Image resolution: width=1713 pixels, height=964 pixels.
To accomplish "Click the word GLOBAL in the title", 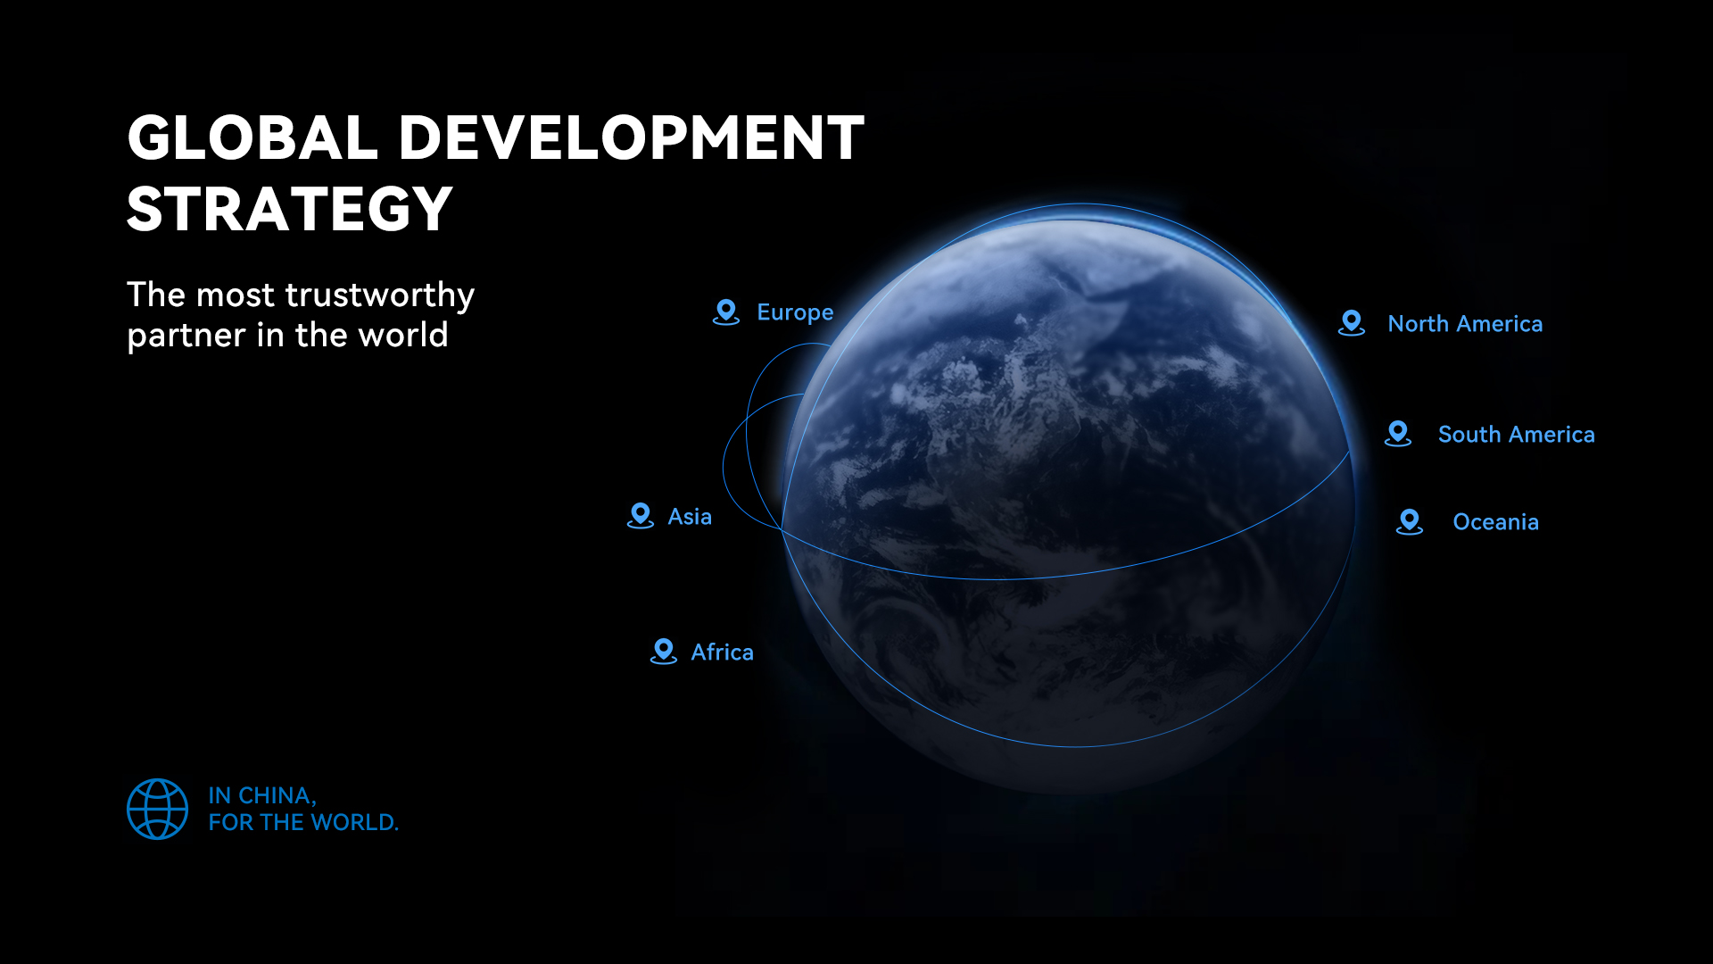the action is click(252, 138).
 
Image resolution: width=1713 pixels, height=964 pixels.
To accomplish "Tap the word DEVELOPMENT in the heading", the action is click(631, 138).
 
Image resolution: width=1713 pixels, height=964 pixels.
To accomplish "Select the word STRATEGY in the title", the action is click(290, 210).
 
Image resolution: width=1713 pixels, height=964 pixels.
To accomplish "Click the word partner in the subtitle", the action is click(186, 336).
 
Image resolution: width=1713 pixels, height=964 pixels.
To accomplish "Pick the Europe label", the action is click(795, 313).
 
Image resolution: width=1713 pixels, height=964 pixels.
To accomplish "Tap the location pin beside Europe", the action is click(726, 312).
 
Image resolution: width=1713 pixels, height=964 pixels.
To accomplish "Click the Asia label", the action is click(690, 517).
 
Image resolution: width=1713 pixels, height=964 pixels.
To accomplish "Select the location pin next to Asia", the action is click(641, 516).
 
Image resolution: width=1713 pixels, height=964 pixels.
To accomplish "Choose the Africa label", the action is click(722, 652).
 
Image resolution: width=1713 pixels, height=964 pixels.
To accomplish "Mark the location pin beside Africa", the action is click(664, 652).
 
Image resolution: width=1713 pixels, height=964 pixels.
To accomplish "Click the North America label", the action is click(1465, 324).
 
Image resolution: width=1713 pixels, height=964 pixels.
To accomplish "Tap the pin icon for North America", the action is click(1352, 323).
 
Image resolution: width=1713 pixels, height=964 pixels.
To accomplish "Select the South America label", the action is click(1517, 435).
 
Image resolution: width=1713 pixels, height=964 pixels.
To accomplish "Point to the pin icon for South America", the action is click(1398, 434).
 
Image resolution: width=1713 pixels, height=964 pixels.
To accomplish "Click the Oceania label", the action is click(1495, 522).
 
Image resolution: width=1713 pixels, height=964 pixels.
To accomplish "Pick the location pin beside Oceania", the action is click(1410, 521).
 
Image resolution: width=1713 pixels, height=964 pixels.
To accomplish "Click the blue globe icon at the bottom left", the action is click(158, 810).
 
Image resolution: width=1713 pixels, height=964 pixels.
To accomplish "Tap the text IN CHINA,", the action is click(262, 795).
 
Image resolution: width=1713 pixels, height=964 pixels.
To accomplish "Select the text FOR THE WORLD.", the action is click(303, 822).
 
